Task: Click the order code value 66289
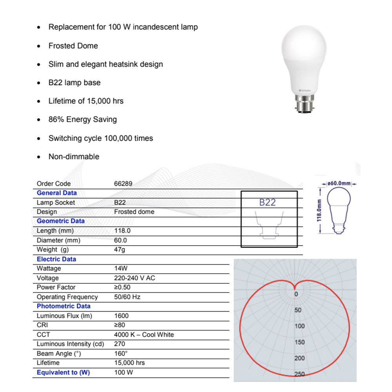pos(123,183)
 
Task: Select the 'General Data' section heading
pos(57,193)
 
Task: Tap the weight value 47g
pos(120,250)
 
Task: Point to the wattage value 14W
pos(121,269)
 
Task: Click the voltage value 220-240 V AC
pos(134,278)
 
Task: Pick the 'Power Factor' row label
pos(56,287)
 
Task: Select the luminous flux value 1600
pos(121,316)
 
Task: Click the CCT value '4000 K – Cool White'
pos(144,335)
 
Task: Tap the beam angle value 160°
pos(121,354)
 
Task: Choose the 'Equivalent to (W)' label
pos(63,372)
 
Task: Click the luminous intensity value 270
pos(120,344)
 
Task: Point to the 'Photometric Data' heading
pos(64,306)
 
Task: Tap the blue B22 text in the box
pos(267,202)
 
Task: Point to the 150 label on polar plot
pos(299,342)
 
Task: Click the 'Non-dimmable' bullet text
pos(74,157)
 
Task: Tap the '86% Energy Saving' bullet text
pos(82,120)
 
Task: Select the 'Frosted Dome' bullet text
pos(73,46)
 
